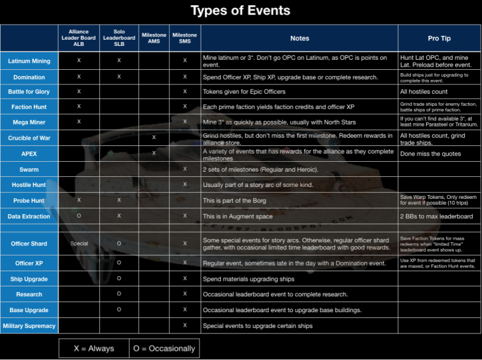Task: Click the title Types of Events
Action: tap(241, 11)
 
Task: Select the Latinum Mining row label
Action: tap(29, 61)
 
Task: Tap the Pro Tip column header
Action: tap(439, 38)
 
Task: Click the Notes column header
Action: tap(300, 38)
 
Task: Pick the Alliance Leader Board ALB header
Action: tap(79, 38)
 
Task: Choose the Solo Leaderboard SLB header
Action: tap(119, 38)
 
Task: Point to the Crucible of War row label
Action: tap(29, 138)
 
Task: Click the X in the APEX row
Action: tap(154, 153)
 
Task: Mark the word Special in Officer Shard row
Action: tap(79, 243)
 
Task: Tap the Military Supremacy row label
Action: tap(29, 326)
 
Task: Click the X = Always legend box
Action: tap(93, 348)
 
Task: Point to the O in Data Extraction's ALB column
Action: tap(79, 216)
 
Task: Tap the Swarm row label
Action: tap(29, 169)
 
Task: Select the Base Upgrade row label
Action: tap(29, 310)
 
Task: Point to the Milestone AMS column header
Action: tap(154, 38)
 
